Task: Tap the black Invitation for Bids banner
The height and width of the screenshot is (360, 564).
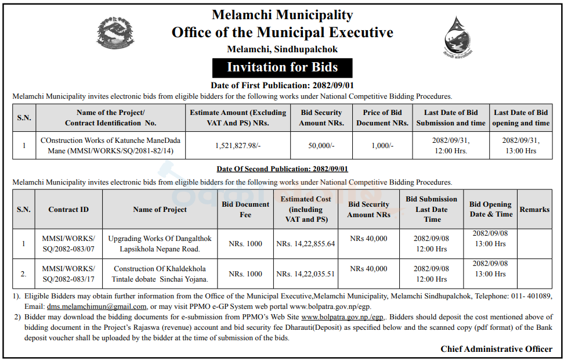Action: pyautogui.click(x=282, y=67)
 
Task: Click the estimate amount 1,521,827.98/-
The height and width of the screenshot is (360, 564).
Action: pyautogui.click(x=238, y=146)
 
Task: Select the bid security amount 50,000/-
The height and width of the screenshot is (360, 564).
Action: pyautogui.click(x=320, y=146)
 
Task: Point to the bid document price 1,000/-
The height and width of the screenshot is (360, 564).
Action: pyautogui.click(x=382, y=146)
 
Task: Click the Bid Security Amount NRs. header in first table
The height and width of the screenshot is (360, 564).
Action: pyautogui.click(x=320, y=118)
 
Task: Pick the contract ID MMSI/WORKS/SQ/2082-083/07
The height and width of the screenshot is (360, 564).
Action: pyautogui.click(x=68, y=244)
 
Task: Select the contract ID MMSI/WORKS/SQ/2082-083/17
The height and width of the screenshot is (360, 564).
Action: pyautogui.click(x=68, y=274)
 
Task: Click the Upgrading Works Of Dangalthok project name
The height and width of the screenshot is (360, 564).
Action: pyautogui.click(x=160, y=244)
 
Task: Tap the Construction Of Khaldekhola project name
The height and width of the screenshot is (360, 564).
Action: pyautogui.click(x=160, y=274)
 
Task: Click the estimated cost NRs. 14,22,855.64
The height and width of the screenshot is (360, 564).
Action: pyautogui.click(x=306, y=244)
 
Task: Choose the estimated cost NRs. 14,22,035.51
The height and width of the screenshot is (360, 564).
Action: pyautogui.click(x=306, y=274)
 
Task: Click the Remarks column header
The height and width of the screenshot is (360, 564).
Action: pyautogui.click(x=534, y=210)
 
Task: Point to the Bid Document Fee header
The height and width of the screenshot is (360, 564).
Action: pyautogui.click(x=245, y=210)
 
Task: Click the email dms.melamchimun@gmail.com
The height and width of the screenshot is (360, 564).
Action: pyautogui.click(x=97, y=307)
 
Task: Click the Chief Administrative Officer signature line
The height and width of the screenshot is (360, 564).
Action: pyautogui.click(x=496, y=349)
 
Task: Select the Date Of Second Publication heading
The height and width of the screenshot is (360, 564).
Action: pyautogui.click(x=282, y=169)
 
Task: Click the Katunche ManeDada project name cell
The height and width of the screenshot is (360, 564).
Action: pyautogui.click(x=110, y=146)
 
